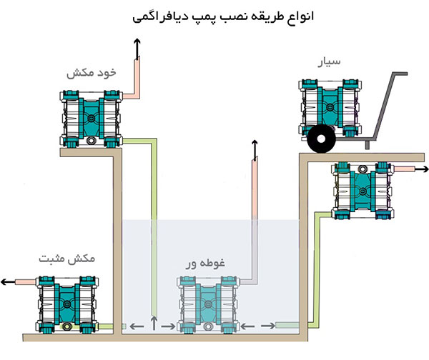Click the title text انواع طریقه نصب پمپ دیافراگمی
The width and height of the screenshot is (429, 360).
click(x=223, y=17)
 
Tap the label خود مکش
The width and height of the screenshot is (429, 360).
click(x=92, y=73)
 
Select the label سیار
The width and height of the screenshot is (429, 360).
click(x=329, y=61)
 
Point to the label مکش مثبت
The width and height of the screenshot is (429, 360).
click(x=66, y=259)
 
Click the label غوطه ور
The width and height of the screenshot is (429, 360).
click(x=205, y=264)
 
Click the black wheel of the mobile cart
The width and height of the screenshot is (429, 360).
click(x=321, y=139)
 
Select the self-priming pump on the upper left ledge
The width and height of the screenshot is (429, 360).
click(x=91, y=119)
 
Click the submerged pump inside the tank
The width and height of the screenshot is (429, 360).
click(x=208, y=304)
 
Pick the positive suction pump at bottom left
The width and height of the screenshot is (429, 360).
click(x=67, y=304)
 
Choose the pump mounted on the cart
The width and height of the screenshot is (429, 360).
click(x=330, y=109)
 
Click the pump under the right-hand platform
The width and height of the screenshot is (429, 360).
click(x=363, y=191)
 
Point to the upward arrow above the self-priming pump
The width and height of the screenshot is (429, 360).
click(x=137, y=49)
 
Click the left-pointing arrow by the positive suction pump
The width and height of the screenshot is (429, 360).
click(x=8, y=282)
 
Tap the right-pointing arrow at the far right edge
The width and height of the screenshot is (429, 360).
click(x=421, y=169)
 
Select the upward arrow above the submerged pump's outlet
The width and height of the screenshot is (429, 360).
click(x=255, y=150)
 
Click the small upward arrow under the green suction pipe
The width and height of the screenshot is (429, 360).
click(x=154, y=323)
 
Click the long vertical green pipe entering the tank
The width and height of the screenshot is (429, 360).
click(x=154, y=227)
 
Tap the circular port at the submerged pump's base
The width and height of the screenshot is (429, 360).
click(x=208, y=326)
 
